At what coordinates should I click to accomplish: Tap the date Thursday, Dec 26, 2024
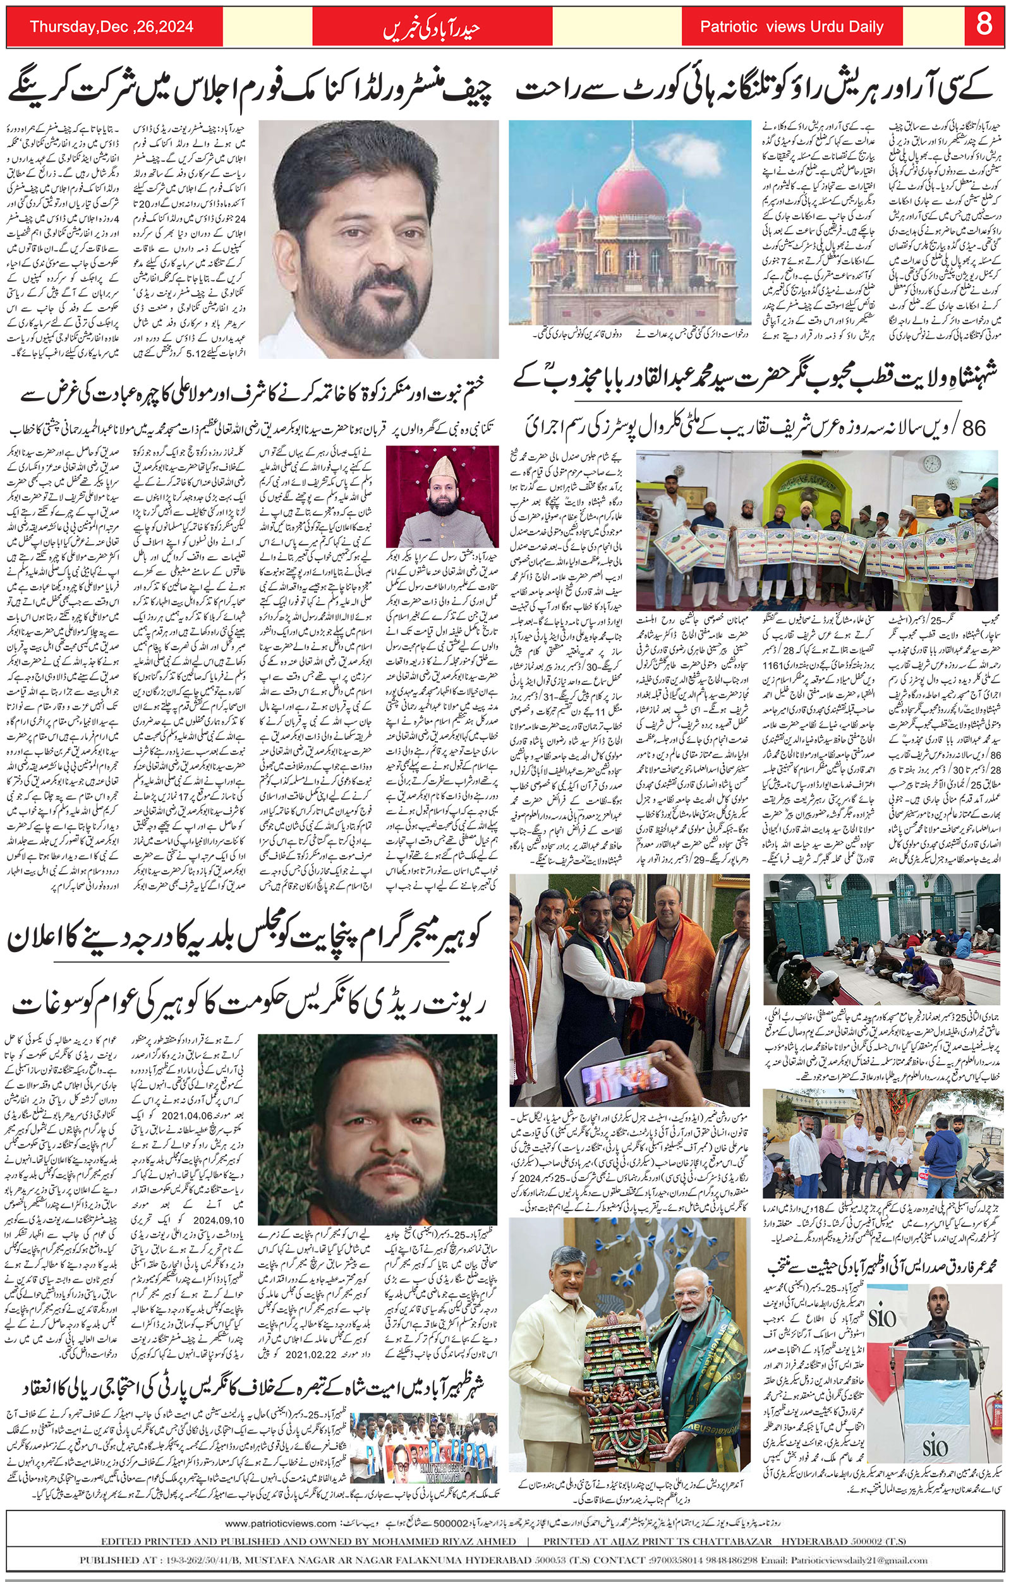tap(111, 27)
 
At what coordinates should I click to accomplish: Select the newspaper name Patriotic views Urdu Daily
tap(792, 27)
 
